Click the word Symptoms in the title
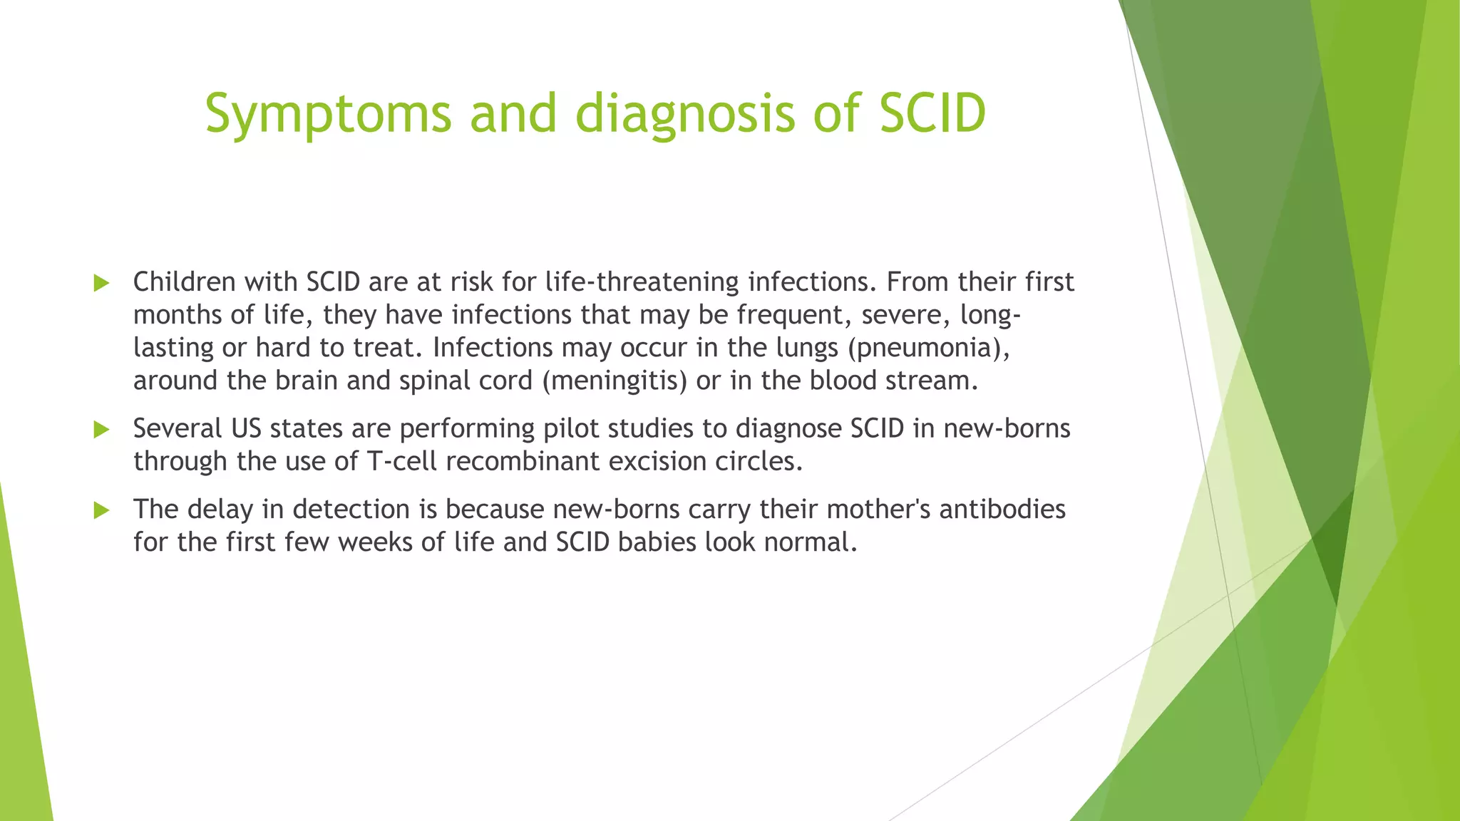click(x=328, y=114)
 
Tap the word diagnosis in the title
click(x=684, y=114)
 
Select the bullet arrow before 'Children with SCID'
click(x=101, y=283)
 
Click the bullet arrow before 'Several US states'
click(x=101, y=429)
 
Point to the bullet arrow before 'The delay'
click(x=101, y=510)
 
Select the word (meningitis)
click(x=615, y=381)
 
